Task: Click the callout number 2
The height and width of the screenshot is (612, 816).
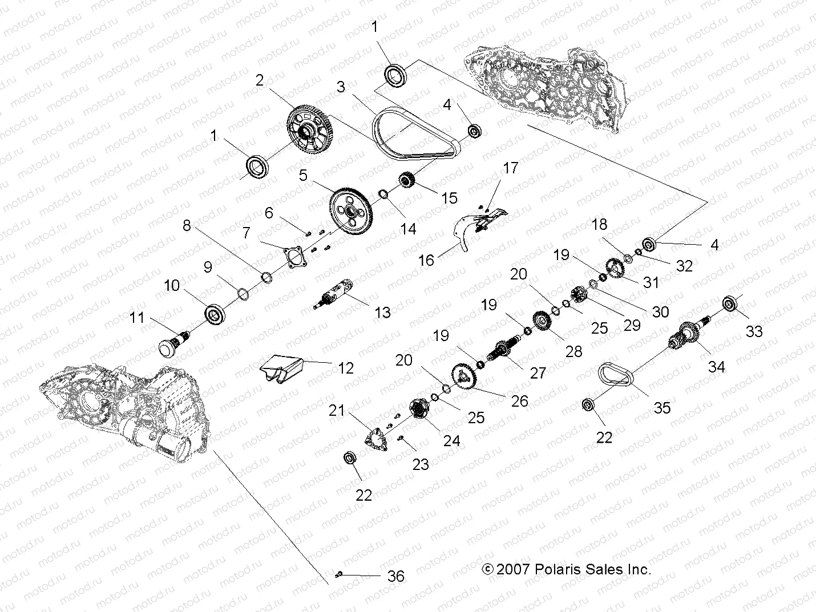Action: [260, 80]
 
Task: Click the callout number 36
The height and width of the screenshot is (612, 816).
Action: [395, 576]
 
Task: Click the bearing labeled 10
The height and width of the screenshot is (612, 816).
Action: [215, 314]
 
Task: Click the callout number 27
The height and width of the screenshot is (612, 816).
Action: [538, 372]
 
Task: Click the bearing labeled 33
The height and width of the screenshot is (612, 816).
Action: [731, 303]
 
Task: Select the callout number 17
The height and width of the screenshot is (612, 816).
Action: [510, 168]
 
